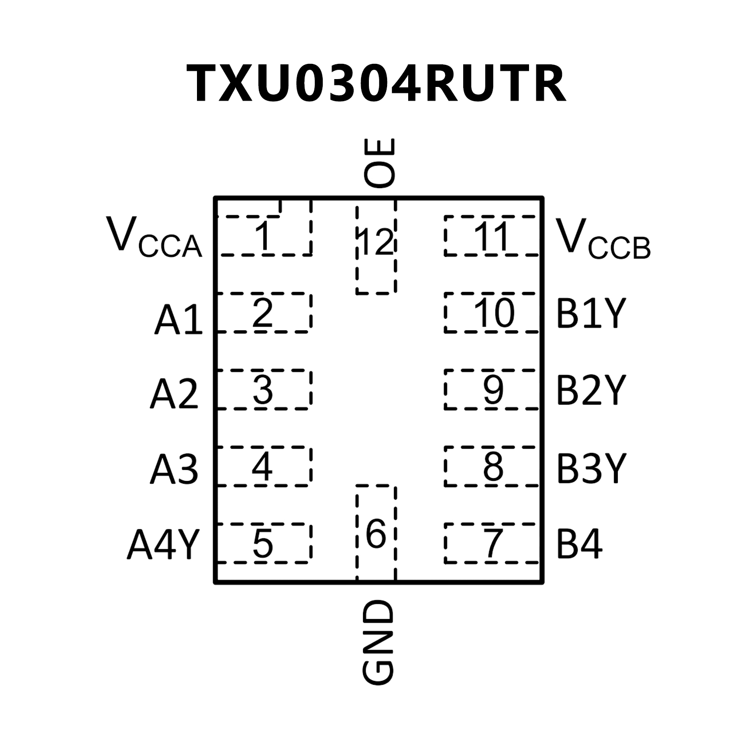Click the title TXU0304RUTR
point(376,84)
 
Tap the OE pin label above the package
point(379,163)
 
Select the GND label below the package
point(378,642)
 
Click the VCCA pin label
point(154,239)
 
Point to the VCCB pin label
point(603,239)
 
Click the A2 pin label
point(174,393)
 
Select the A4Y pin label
point(164,544)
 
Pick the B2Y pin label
point(591,390)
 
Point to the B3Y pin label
point(591,468)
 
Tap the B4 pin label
point(579,544)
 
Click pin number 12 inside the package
point(376,242)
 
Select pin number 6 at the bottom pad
point(376,534)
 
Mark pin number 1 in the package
point(264,236)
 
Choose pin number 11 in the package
point(493,236)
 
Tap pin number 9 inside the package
point(493,390)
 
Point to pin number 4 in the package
point(262,467)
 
